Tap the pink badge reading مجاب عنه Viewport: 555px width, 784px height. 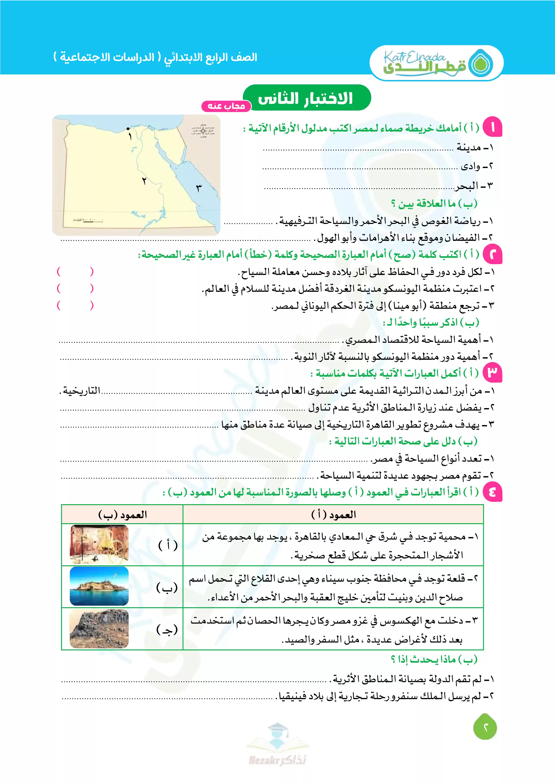pyautogui.click(x=226, y=106)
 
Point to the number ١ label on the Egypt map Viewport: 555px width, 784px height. pyautogui.click(x=130, y=137)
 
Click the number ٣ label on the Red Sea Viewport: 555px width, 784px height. pyautogui.click(x=199, y=188)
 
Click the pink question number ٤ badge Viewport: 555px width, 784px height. pyautogui.click(x=492, y=492)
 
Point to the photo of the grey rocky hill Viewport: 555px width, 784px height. pyautogui.click(x=99, y=629)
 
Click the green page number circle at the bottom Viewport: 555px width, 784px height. pyautogui.click(x=485, y=728)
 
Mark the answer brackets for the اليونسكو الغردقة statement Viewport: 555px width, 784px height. pyautogui.click(x=75, y=289)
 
